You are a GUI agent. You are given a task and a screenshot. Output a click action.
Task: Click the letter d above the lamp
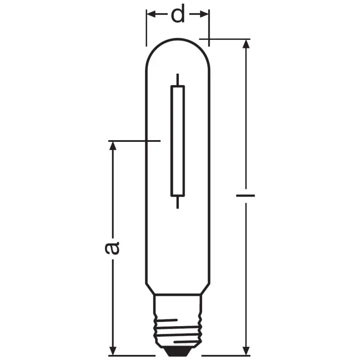tap(178, 15)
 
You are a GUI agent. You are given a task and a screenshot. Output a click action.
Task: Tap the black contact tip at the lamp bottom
tap(177, 352)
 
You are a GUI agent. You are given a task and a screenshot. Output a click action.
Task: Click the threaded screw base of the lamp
tap(177, 326)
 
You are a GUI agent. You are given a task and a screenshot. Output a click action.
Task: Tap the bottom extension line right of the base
tap(224, 355)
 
